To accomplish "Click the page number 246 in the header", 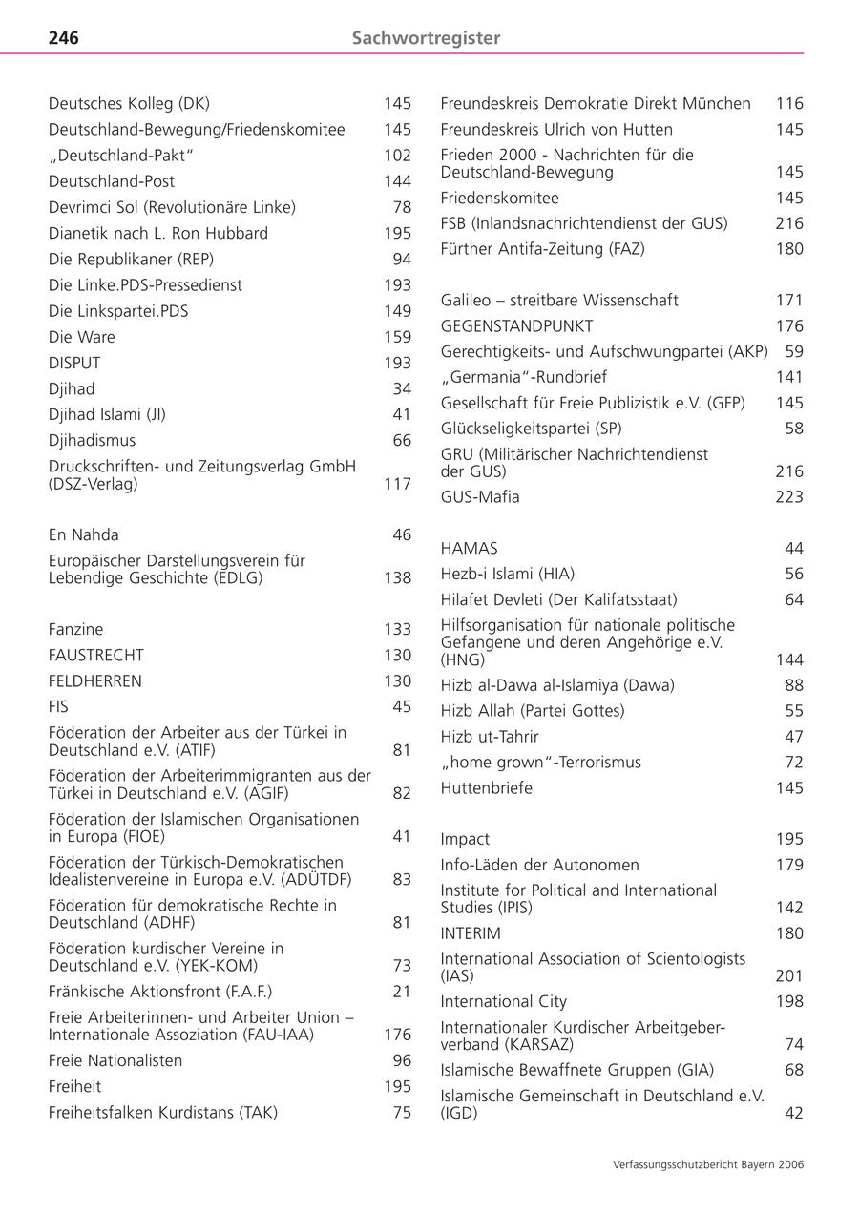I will pyautogui.click(x=64, y=38).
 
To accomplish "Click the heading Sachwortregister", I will pyautogui.click(x=426, y=38).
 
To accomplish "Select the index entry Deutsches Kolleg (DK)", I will pyautogui.click(x=129, y=103).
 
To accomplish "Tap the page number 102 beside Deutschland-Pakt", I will pyautogui.click(x=397, y=156).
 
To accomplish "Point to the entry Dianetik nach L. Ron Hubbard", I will pyautogui.click(x=158, y=233).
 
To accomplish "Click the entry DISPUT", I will pyautogui.click(x=74, y=363).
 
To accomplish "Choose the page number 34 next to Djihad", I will pyautogui.click(x=402, y=388).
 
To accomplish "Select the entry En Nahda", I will pyautogui.click(x=84, y=534).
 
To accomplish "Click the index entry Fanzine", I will pyautogui.click(x=75, y=629).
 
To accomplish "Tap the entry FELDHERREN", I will pyautogui.click(x=95, y=680).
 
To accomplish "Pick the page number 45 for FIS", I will pyautogui.click(x=402, y=706).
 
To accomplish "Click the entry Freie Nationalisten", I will pyautogui.click(x=115, y=1060).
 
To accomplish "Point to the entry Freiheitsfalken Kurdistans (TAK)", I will pyautogui.click(x=163, y=1112).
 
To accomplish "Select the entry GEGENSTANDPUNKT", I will pyautogui.click(x=516, y=325).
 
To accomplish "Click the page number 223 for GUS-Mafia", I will pyautogui.click(x=789, y=496).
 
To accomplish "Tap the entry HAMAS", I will pyautogui.click(x=469, y=548).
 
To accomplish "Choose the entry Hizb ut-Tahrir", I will pyautogui.click(x=490, y=737).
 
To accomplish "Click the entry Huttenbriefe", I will pyautogui.click(x=487, y=788).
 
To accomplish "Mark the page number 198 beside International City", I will pyautogui.click(x=789, y=1001).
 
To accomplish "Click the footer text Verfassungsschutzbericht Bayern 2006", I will pyautogui.click(x=707, y=1164).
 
